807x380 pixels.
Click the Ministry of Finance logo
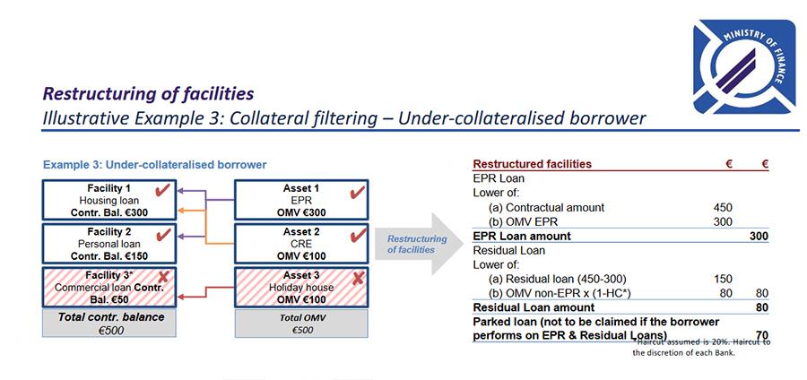pos(744,67)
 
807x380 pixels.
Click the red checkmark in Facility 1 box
pos(162,190)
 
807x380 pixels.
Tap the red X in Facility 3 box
pos(165,278)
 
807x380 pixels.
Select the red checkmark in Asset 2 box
pos(357,236)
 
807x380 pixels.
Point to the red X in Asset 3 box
pos(358,279)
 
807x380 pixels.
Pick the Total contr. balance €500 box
pos(109,323)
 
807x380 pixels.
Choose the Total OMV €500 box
pos(301,324)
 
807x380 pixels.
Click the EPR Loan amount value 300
pos(759,236)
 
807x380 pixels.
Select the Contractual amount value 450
pos(723,208)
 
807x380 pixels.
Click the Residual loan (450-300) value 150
pos(723,279)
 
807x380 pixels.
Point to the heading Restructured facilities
pos(532,164)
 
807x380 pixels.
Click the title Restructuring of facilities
pos(148,93)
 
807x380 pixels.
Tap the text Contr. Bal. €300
pos(109,212)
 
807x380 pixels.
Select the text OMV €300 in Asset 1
pos(301,212)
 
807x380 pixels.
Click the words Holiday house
pos(301,288)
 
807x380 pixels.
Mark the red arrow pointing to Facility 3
pos(205,292)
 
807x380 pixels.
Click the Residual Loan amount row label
pos(534,307)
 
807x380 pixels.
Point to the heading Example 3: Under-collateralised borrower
pos(155,165)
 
